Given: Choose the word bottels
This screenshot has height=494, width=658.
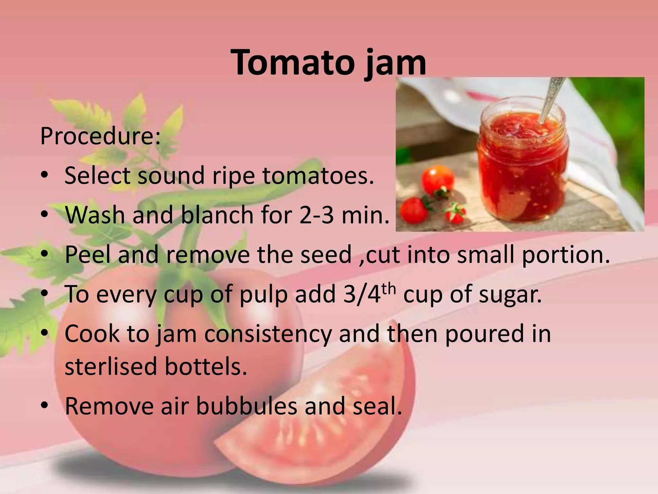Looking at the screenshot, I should tap(206, 367).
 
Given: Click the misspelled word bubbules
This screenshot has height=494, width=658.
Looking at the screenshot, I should tap(246, 406).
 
